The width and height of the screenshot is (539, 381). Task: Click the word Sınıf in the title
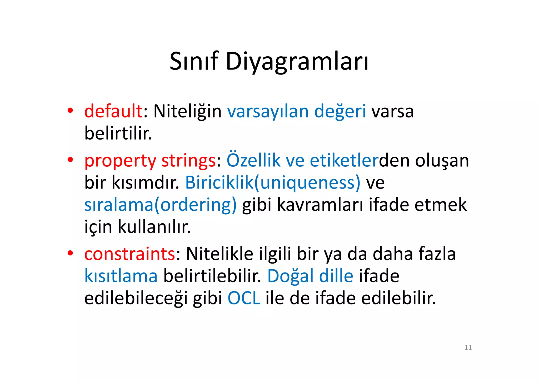pos(194,61)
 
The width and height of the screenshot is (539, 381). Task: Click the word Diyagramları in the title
pos(297,62)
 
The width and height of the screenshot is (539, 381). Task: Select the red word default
pos(113,111)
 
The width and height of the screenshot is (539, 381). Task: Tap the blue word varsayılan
pos(268,111)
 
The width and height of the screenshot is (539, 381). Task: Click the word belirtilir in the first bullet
pos(118,133)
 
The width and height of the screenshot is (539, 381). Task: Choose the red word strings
pos(188,161)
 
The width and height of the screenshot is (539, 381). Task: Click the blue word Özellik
pos(253,160)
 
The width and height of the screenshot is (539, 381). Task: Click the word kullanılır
pos(154,227)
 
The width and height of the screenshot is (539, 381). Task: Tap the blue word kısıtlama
pos(121,276)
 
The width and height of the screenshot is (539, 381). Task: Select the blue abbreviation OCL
pos(244,298)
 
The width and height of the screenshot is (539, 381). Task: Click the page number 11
pos(468,348)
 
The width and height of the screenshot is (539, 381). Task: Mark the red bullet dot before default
pos(70,111)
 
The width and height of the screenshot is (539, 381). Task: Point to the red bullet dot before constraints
pos(70,253)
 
